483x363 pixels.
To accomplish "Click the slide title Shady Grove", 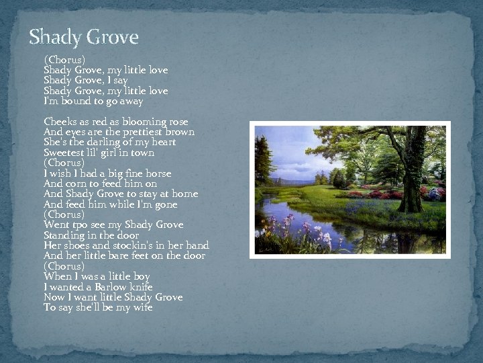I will pyautogui.click(x=83, y=37).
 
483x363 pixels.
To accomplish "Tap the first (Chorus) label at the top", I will pyautogui.click(x=64, y=60).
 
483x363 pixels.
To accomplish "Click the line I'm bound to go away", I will pyautogui.click(x=93, y=101).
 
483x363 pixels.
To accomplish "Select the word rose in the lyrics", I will pyautogui.click(x=178, y=122).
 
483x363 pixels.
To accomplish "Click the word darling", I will pyautogui.click(x=101, y=142).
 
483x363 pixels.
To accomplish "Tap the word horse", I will pyautogui.click(x=158, y=173).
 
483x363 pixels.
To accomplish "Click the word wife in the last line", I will pyautogui.click(x=141, y=307).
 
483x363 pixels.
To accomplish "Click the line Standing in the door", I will pyautogui.click(x=91, y=235).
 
